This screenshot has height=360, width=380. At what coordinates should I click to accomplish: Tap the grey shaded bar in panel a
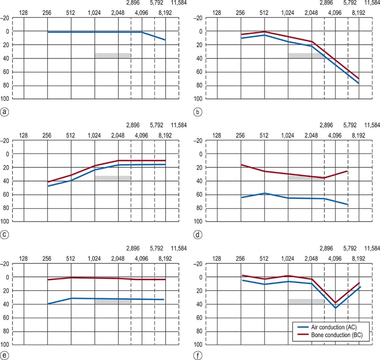[113, 55]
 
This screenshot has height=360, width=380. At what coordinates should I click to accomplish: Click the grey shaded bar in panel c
[113, 178]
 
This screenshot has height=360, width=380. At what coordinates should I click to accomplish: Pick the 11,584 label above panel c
[179, 125]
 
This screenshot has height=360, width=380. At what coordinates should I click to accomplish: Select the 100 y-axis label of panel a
[7, 99]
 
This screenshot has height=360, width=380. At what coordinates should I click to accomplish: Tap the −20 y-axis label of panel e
[7, 263]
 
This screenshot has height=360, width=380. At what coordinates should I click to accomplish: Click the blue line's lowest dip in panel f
[335, 308]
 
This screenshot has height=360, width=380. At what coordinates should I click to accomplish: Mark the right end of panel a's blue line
[165, 40]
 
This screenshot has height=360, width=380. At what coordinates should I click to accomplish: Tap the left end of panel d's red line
[241, 165]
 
